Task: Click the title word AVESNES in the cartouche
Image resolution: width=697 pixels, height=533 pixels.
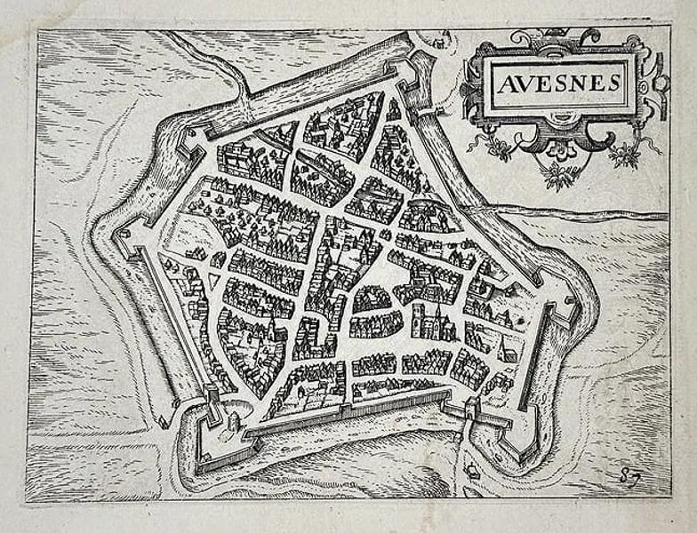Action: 558,84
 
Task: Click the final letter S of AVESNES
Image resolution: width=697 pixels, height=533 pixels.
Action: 613,84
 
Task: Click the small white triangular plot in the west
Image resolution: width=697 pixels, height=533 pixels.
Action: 214,282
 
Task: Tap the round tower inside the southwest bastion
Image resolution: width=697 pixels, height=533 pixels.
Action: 233,419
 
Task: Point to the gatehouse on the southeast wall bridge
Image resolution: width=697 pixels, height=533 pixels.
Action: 471,408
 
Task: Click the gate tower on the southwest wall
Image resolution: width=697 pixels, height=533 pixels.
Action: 212,392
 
